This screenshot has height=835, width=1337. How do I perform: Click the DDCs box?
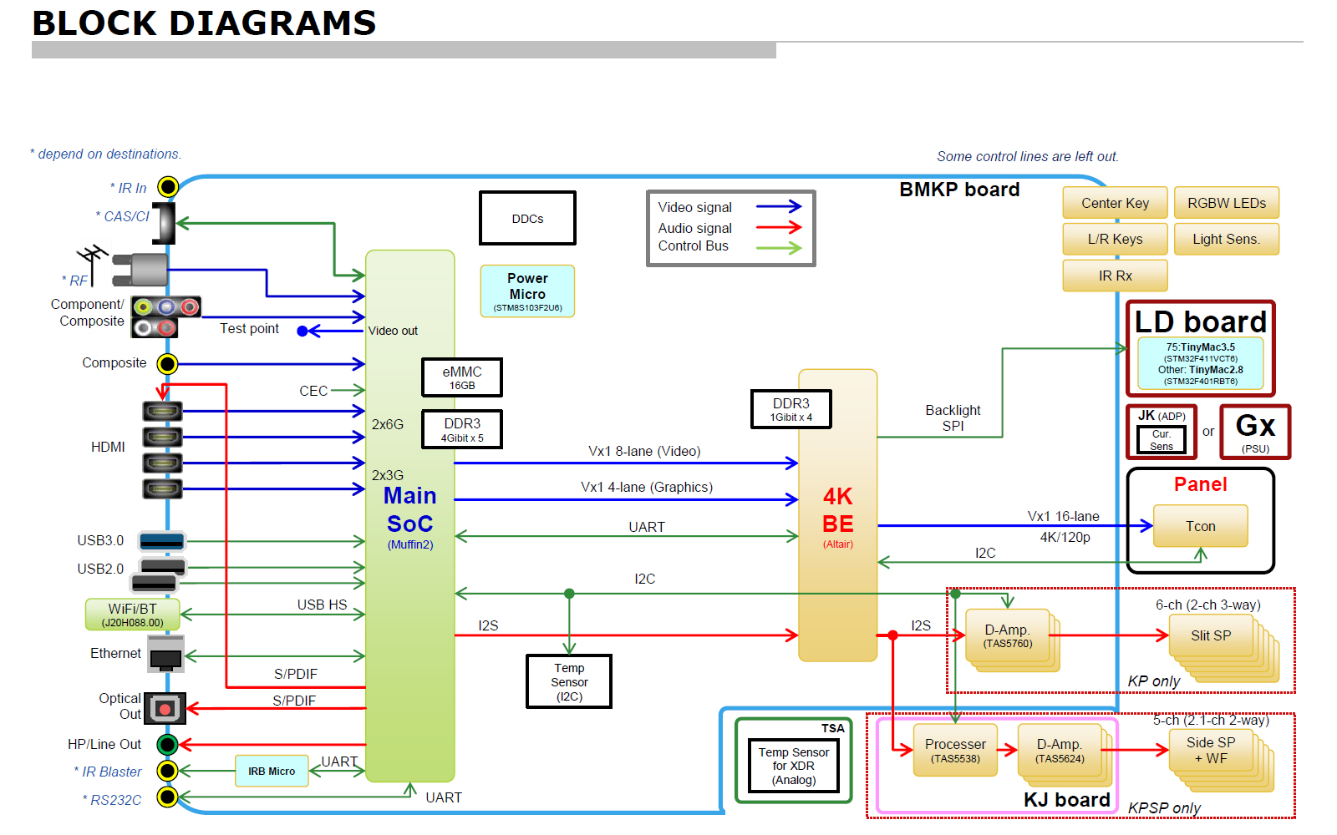(527, 218)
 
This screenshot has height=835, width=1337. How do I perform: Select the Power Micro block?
(527, 291)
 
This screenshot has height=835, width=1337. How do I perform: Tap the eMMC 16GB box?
(462, 377)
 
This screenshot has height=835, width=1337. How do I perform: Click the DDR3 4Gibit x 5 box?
(462, 429)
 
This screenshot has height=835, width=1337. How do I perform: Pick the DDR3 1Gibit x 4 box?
(791, 409)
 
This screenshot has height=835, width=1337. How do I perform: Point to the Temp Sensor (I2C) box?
(569, 681)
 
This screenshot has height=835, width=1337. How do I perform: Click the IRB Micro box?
(272, 771)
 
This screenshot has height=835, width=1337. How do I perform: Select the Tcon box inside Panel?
(1200, 526)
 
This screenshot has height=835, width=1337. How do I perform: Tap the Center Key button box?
(1115, 203)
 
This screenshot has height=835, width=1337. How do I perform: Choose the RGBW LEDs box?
(1226, 203)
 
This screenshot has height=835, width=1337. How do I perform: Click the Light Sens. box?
(1226, 239)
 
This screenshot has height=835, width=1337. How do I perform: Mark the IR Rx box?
(1115, 276)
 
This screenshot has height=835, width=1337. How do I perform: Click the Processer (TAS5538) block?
(955, 750)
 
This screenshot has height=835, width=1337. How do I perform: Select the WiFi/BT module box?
(133, 615)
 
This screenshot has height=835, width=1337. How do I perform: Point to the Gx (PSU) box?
(1255, 432)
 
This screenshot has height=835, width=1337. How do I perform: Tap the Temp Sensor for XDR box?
(794, 766)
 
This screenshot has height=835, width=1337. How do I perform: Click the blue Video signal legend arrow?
(778, 206)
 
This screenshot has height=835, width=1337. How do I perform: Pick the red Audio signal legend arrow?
(778, 226)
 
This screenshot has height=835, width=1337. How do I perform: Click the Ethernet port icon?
(165, 654)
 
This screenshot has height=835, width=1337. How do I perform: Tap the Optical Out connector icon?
(165, 709)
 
